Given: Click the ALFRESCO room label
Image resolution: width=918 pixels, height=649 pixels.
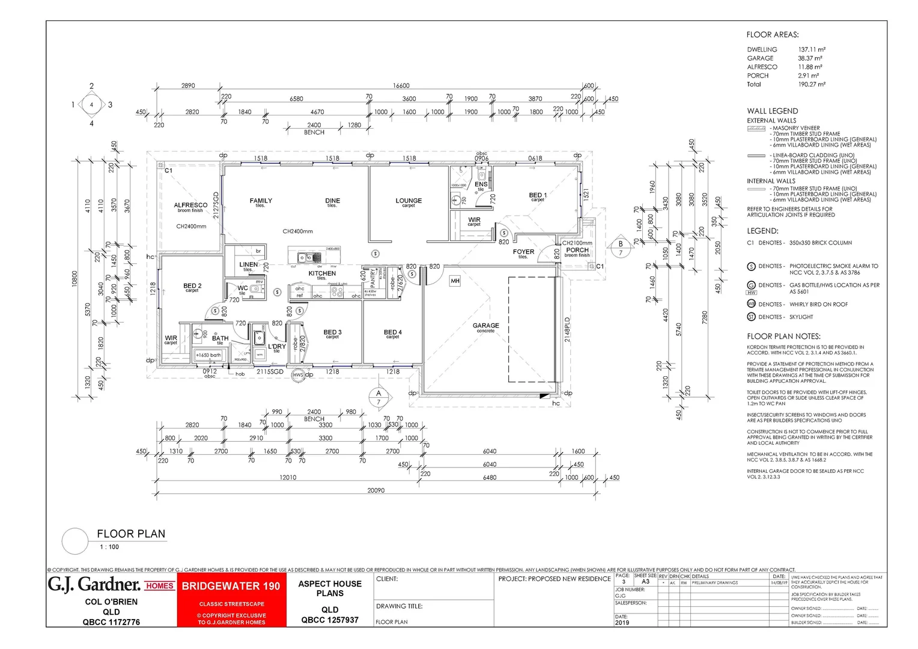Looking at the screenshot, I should (x=190, y=205).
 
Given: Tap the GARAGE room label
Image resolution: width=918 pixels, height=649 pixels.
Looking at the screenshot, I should (x=485, y=326).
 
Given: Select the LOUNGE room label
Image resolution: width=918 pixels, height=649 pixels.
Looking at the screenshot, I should (x=409, y=201).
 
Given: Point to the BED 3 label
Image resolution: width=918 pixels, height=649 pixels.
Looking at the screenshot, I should (x=332, y=332).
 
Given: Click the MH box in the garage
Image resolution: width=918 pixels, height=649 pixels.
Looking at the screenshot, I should (x=455, y=281).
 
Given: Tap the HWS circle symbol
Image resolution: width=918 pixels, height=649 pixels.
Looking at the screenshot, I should (x=298, y=375).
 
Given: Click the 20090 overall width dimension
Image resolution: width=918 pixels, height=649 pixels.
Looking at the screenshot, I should (x=376, y=490).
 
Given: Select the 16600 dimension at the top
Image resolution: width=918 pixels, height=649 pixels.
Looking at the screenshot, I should (x=401, y=86).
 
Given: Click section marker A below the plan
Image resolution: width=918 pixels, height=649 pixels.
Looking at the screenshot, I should (x=378, y=397).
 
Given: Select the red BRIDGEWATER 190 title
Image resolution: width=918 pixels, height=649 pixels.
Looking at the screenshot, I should (x=231, y=586).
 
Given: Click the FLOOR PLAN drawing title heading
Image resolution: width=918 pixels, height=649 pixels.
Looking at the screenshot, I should (x=131, y=534).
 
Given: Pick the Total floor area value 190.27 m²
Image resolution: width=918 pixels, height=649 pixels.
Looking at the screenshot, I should (x=811, y=84).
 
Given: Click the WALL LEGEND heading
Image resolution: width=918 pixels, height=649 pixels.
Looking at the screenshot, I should (x=772, y=111).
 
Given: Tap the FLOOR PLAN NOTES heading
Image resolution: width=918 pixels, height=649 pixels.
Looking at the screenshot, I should (x=783, y=337).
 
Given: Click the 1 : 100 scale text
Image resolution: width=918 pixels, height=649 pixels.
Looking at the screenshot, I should (x=109, y=547).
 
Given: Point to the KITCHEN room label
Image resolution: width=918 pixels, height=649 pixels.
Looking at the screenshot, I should (x=322, y=273).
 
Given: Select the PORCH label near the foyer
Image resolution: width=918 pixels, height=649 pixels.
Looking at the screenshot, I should (x=577, y=250).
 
